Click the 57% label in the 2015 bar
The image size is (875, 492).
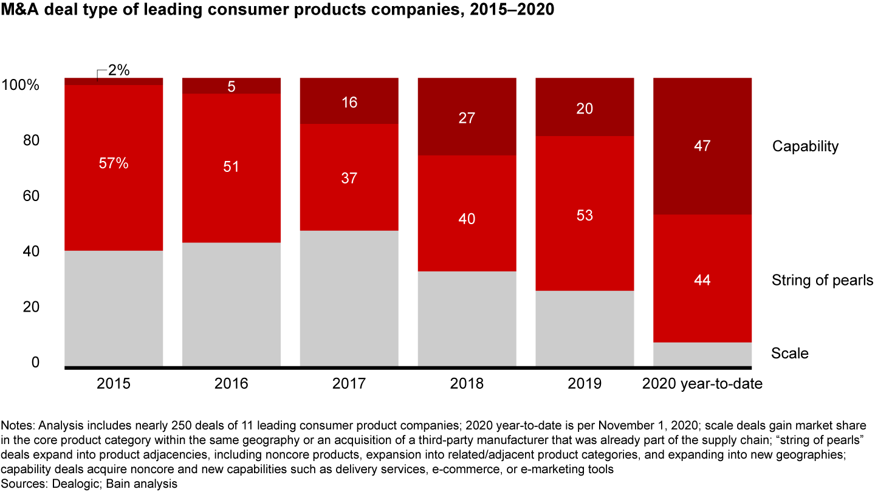pos(114,163)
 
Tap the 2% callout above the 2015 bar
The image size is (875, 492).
pos(118,70)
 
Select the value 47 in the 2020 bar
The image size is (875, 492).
pos(702,146)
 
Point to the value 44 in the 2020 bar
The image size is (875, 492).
pos(702,280)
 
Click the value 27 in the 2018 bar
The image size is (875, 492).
pos(467,118)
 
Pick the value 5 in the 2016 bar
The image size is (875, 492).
pos(232,87)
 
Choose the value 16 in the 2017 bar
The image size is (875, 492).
pos(349,102)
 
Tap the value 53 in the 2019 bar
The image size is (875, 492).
pos(585,216)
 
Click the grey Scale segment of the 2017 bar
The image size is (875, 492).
pos(349,298)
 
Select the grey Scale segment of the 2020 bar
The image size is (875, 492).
pos(702,354)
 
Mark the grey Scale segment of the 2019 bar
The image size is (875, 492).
pos(585,328)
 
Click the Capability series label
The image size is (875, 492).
pos(805,146)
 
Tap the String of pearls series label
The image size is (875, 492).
pos(822,280)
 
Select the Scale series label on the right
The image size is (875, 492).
pos(789,354)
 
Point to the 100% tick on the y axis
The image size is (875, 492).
pos(21,86)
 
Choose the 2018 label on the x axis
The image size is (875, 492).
pos(467,384)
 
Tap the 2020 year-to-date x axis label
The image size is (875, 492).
pos(702,384)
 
